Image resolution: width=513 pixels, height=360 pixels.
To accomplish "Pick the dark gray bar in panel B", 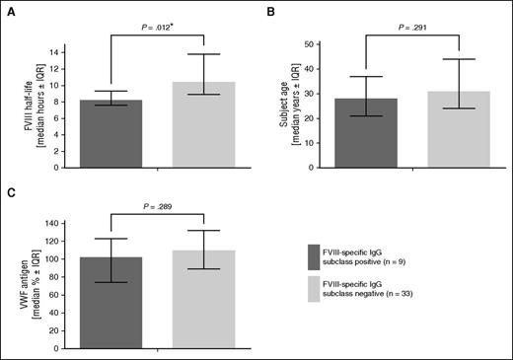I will click(366, 133).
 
